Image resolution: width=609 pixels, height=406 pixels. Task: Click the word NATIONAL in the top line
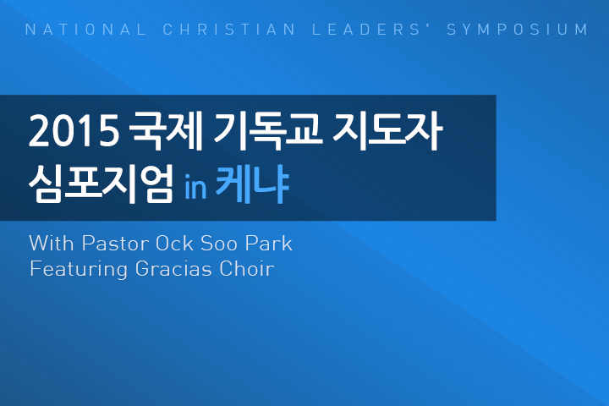coord(85,30)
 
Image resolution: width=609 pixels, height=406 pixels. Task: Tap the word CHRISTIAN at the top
coord(229,30)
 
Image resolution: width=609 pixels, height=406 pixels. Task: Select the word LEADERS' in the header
coord(366,30)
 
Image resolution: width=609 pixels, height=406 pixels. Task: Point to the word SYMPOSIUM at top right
coord(518,30)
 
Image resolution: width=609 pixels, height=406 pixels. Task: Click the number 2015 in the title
coord(74,131)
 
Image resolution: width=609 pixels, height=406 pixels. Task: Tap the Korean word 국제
coord(166,130)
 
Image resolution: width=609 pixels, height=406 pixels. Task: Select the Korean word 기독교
coord(268,130)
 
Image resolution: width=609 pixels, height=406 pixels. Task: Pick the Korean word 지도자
coord(387,130)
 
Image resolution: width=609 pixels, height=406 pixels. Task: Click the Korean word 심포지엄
coord(101,184)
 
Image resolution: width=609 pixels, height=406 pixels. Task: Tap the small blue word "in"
coord(195,187)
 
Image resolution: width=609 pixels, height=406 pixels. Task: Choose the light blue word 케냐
coord(252,184)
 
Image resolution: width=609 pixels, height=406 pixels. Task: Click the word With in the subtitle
coord(52,244)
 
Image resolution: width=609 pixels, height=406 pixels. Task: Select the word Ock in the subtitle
coord(174,244)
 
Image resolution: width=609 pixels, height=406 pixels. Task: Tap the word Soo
coord(219,244)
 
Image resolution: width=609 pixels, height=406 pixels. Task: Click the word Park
coord(269,244)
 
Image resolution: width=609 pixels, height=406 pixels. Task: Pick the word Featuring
coord(79,270)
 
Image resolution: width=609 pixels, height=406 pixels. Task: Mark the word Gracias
coord(173,268)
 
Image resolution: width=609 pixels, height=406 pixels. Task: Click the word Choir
coord(247,268)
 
